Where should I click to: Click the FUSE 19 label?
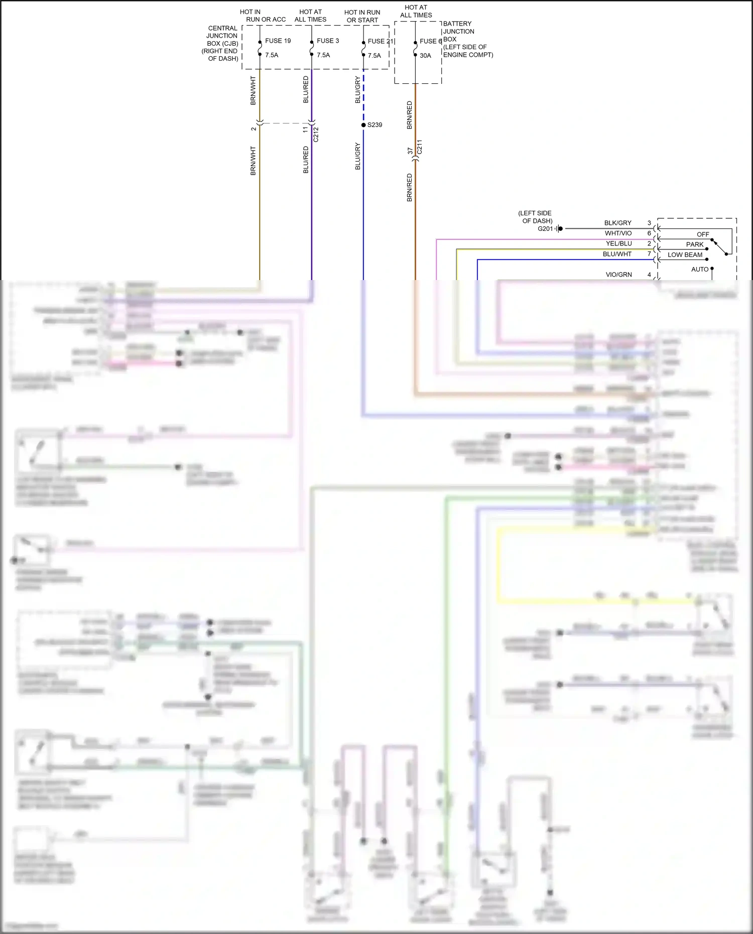[x=278, y=41]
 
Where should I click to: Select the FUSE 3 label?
[x=328, y=41]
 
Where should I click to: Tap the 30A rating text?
[x=425, y=56]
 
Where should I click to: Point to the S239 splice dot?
[x=363, y=125]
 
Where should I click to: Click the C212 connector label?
[x=316, y=135]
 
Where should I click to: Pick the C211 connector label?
[x=420, y=147]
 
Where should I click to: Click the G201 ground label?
[x=545, y=229]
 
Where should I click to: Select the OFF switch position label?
[x=703, y=234]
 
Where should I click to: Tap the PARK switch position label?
[x=695, y=244]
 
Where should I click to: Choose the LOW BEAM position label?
[x=685, y=255]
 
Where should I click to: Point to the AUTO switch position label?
[x=700, y=270]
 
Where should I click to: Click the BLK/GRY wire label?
[x=617, y=223]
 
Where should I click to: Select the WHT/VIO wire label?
[x=618, y=233]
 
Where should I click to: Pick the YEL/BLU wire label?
[x=618, y=243]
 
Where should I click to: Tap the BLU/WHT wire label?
[x=617, y=254]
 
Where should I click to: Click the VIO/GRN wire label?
[x=618, y=275]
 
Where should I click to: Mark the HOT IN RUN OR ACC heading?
[x=263, y=16]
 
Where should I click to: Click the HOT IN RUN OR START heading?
[x=362, y=16]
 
